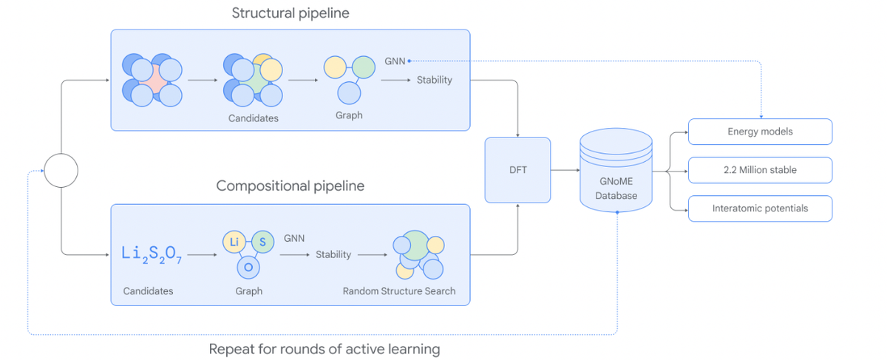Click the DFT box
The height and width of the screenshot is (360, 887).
coord(517,170)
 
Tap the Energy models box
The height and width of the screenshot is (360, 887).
coord(760,132)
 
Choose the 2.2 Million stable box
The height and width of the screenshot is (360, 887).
coord(760,170)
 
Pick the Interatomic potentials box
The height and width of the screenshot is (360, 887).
coord(760,208)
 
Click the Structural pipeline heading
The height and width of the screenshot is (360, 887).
coord(290,13)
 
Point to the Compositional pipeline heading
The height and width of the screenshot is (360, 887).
coord(290,186)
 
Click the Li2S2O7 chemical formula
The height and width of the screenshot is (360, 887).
coord(151,253)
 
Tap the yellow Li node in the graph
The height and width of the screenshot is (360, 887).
coord(234,242)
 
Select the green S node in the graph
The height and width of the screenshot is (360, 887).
coord(262,242)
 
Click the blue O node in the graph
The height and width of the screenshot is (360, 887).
coord(248,267)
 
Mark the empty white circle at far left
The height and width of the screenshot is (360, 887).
coord(61,170)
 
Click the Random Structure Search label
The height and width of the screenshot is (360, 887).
coord(399,291)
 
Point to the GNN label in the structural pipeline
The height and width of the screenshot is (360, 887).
coord(395,61)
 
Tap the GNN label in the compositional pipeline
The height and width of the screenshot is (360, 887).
coord(294,238)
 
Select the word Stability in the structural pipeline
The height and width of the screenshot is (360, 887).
coord(434,80)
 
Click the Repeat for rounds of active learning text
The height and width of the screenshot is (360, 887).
coord(324,349)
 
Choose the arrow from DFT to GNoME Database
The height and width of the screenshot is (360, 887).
coord(565,170)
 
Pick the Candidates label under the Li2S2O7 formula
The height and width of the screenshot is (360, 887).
coord(148,291)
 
